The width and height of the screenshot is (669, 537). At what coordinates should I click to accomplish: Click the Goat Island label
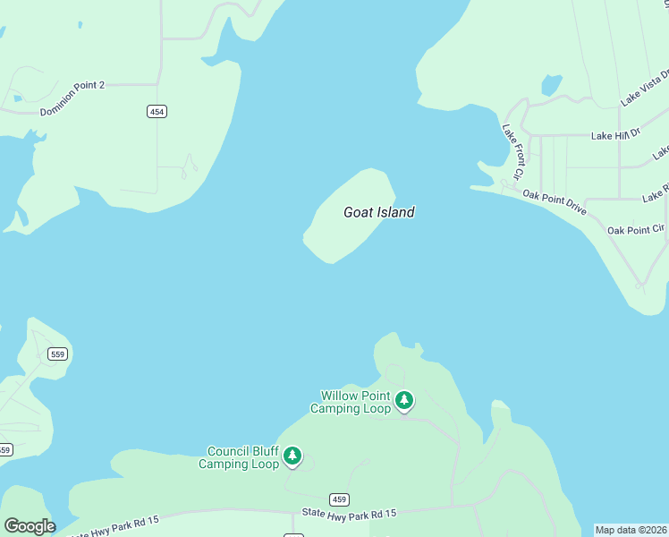379,213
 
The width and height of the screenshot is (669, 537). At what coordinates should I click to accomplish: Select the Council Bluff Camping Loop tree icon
292,457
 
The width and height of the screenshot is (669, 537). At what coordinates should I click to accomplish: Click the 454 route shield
157,111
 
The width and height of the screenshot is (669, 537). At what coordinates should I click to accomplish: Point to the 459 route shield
338,499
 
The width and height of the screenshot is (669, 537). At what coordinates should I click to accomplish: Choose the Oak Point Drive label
555,201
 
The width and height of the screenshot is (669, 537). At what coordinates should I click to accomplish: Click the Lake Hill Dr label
616,135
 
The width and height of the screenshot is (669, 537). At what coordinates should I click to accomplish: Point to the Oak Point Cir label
636,230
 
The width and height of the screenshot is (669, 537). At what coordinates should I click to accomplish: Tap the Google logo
30,526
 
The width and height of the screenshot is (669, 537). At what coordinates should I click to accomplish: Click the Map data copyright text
631,530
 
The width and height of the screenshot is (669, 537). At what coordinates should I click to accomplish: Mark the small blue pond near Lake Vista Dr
552,85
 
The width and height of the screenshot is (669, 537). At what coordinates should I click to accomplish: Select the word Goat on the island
359,213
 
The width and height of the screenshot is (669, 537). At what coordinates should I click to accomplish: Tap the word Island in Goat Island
396,213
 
